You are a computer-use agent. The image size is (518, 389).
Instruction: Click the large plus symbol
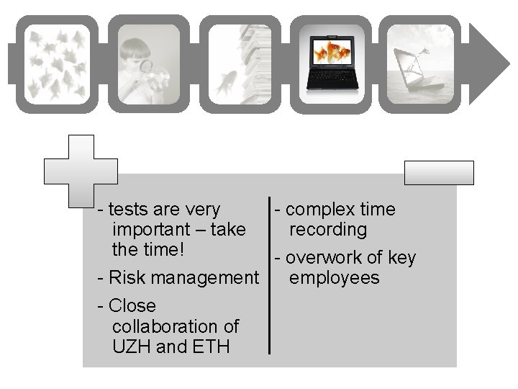[81, 171]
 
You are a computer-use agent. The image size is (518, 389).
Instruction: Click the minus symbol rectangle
[439, 173]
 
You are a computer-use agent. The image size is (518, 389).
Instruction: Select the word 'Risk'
[127, 278]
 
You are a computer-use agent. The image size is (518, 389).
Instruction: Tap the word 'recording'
[328, 230]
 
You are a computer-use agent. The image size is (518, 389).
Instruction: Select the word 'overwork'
[324, 258]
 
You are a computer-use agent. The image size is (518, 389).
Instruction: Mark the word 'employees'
[334, 278]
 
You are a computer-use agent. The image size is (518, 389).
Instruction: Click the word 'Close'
[132, 306]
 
